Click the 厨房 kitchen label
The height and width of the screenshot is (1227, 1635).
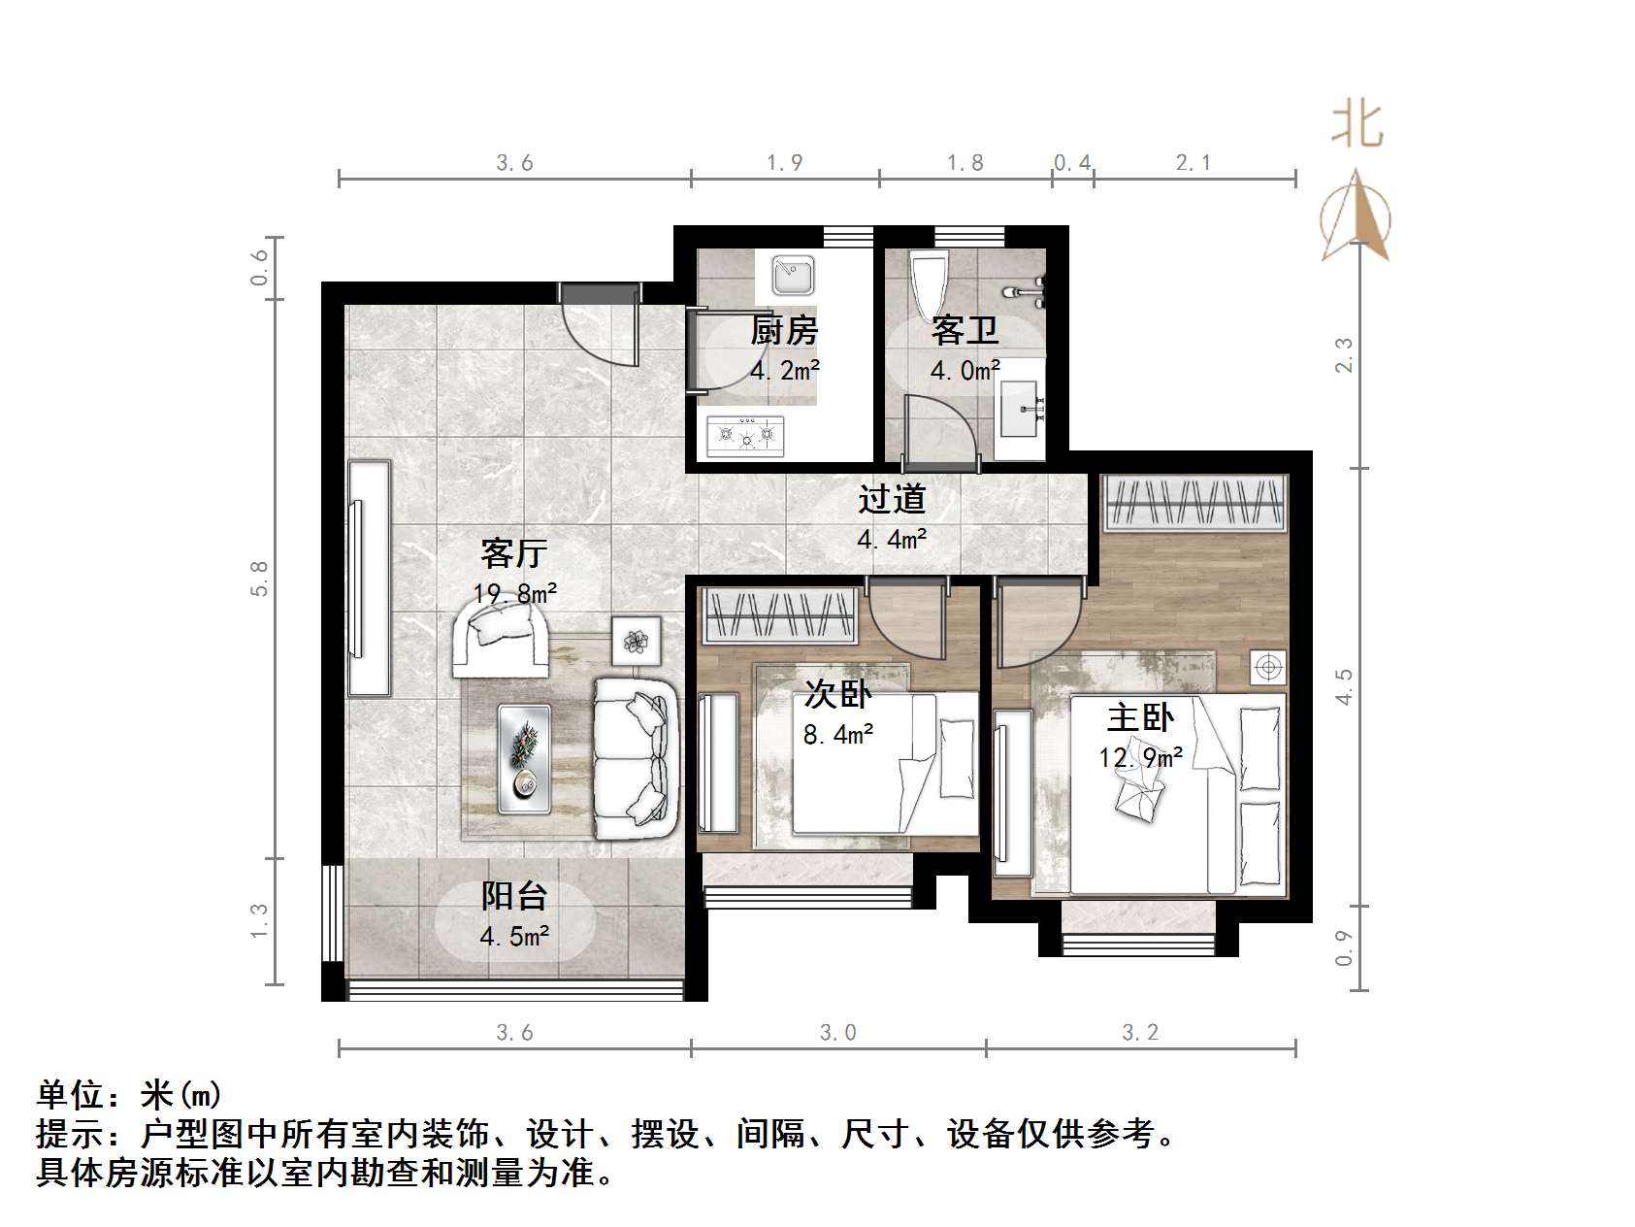coord(784,331)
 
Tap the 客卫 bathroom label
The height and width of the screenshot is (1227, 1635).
coord(965,331)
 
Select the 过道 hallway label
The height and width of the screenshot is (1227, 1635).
coord(892,499)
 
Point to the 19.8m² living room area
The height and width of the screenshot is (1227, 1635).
coord(514,593)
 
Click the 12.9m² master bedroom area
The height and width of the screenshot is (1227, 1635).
coord(1140,756)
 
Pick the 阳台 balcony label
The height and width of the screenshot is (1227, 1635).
coord(514,895)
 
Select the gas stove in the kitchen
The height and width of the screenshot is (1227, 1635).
coord(745,436)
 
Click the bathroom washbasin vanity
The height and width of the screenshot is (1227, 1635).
coord(1020,409)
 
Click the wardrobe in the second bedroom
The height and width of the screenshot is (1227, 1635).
coord(779,615)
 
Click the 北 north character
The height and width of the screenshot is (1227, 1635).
coord(1357,126)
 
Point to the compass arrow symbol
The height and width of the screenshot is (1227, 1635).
coord(1357,218)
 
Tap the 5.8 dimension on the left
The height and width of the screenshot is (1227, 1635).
coord(258,579)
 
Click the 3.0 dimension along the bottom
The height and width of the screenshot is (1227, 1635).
coord(838,1032)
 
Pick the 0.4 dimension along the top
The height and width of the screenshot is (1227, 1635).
coord(1072,162)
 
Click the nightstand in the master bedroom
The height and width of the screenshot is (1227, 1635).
coord(1267,668)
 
